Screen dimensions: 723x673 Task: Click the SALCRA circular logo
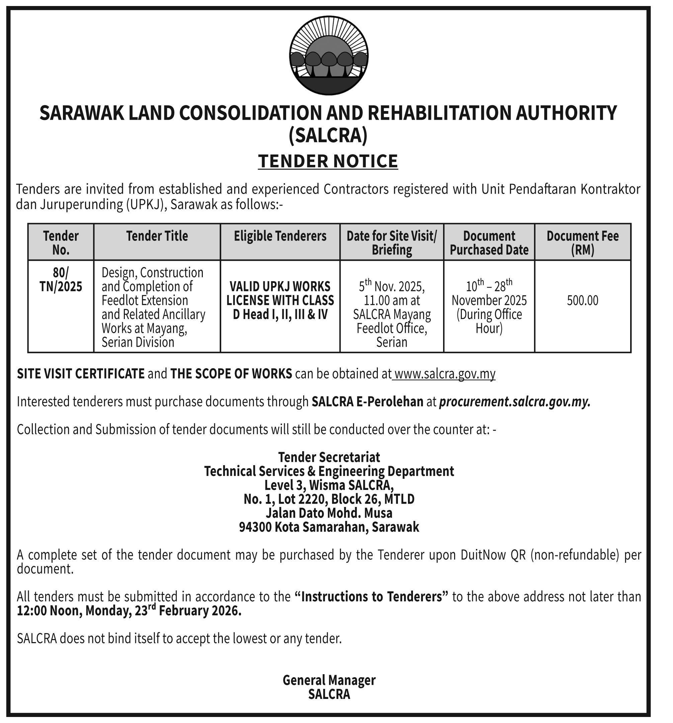[x=328, y=57]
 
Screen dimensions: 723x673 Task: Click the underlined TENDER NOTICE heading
[x=328, y=161]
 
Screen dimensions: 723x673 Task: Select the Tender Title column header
[x=157, y=236]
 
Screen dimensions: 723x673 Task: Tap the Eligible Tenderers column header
[x=280, y=236]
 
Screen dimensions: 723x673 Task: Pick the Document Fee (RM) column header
[x=582, y=242]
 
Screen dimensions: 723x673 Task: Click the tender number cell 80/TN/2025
[x=61, y=279]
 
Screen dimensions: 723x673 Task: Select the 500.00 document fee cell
[x=582, y=300]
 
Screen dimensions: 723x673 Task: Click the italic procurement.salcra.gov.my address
[x=514, y=402]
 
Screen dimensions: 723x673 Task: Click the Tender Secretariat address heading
[x=329, y=457]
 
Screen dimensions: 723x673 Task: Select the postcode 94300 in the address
[x=255, y=527]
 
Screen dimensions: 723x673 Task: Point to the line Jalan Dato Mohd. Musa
[x=329, y=513]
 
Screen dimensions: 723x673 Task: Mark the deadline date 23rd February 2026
[x=188, y=611]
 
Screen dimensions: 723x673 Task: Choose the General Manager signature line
[x=329, y=680]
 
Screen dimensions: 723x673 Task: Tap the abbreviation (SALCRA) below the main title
[x=328, y=135]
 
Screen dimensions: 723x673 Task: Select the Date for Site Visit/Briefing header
[x=392, y=242]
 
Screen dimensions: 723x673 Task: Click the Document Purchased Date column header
[x=489, y=242]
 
